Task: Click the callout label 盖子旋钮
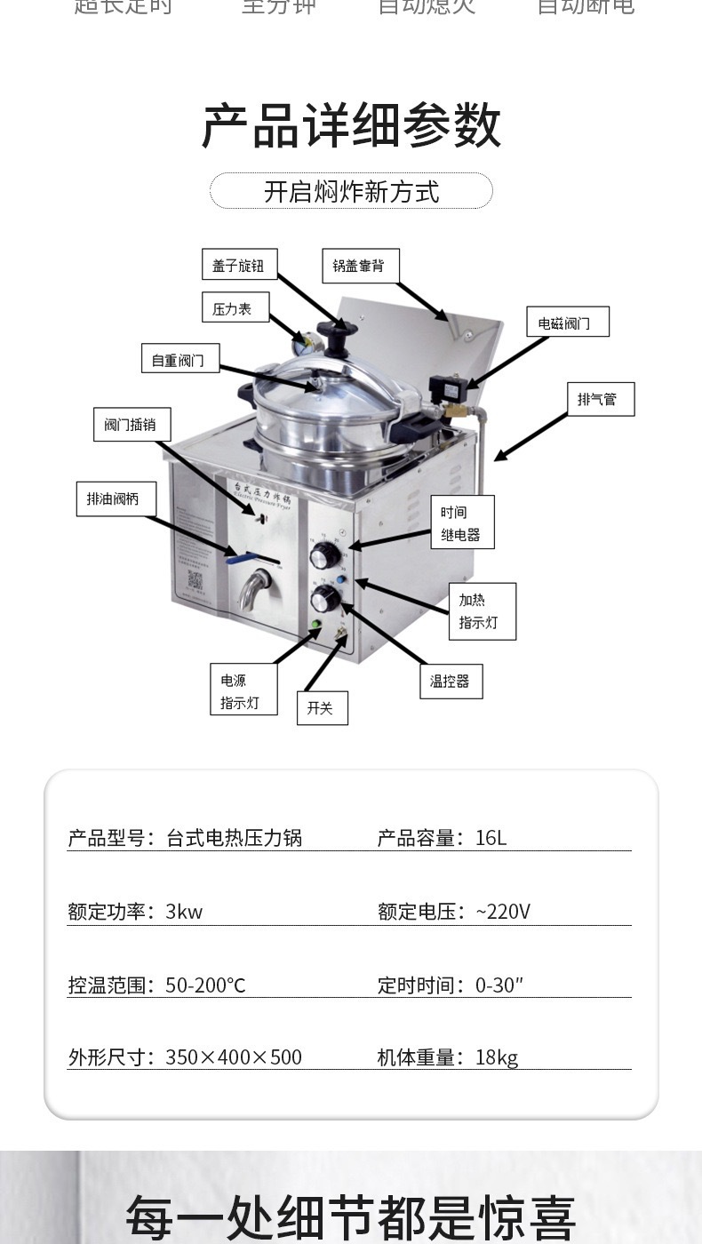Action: (x=238, y=265)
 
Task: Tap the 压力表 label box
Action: (x=233, y=308)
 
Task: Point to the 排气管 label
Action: (x=601, y=399)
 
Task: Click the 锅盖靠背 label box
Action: (x=359, y=265)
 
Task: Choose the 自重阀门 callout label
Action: (x=179, y=358)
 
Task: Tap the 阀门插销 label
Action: (x=132, y=425)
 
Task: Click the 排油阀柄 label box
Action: (x=115, y=498)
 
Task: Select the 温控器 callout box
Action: (x=451, y=682)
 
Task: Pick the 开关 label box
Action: (x=321, y=708)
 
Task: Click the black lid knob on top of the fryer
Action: (x=338, y=334)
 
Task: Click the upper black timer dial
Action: (x=324, y=557)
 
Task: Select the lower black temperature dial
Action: (x=323, y=600)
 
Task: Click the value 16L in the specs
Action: (x=491, y=838)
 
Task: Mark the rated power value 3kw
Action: (x=184, y=912)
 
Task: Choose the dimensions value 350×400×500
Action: (x=234, y=1057)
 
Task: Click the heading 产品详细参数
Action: (x=351, y=126)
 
